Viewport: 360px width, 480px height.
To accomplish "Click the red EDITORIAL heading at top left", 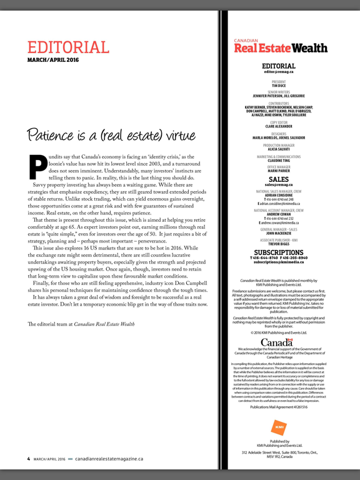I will click(68, 47).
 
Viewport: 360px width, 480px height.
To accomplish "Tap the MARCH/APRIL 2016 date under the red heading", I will click(52, 60).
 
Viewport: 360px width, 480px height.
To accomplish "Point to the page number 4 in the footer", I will click(28, 458).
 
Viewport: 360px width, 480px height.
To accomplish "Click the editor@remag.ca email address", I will click(278, 72).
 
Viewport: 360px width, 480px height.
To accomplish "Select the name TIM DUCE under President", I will click(278, 85).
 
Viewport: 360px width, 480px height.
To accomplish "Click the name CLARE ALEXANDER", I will click(278, 126).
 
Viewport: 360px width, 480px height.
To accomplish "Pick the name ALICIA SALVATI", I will click(278, 148).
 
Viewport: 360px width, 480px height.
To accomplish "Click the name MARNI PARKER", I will click(278, 171).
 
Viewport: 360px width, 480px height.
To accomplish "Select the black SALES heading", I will click(278, 179).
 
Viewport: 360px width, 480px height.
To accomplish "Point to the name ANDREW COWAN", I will click(278, 213).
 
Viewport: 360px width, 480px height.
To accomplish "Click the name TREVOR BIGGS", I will click(278, 244).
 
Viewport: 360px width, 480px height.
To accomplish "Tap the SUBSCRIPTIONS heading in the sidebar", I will click(278, 252).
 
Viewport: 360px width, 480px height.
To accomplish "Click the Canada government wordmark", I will click(278, 325).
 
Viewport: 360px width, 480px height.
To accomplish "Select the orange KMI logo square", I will click(278, 428).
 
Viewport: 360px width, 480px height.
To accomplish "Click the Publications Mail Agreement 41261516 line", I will click(278, 407).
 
